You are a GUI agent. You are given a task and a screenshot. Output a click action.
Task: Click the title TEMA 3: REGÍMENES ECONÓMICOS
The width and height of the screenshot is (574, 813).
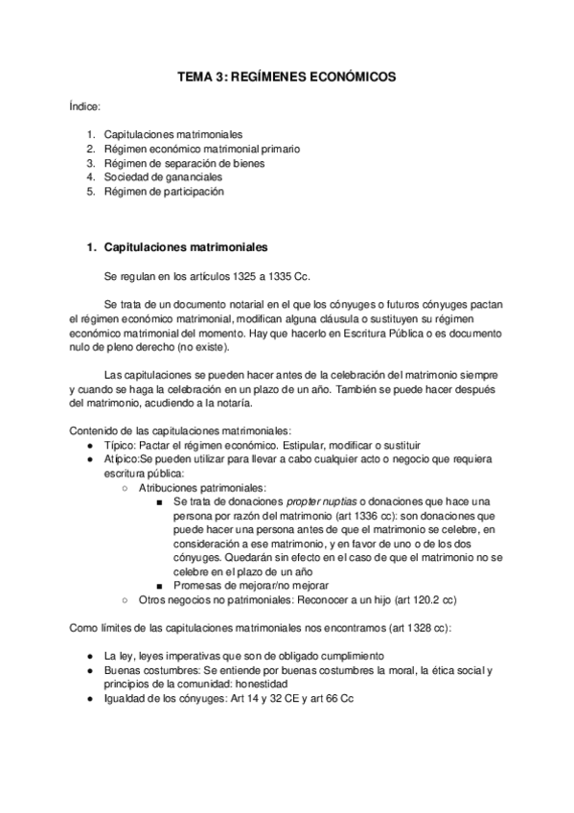coord(287,77)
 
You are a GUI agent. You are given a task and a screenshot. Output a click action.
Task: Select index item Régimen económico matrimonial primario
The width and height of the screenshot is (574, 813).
coord(201,149)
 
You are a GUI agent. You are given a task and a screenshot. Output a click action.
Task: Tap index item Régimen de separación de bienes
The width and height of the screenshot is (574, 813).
coord(184,163)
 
